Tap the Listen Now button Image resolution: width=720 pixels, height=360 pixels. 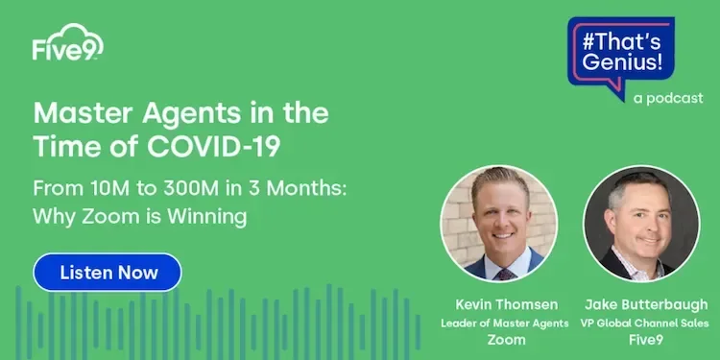pos(108,273)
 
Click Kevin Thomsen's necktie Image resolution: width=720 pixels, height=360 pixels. pos(505,270)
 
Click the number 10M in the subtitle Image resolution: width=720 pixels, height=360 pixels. pos(101,187)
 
